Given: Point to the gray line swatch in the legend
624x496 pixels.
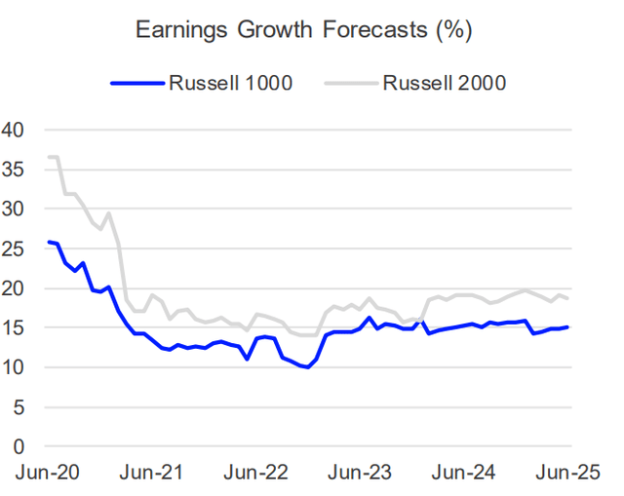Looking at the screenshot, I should (347, 83).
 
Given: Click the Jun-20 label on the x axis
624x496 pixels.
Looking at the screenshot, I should (48, 473).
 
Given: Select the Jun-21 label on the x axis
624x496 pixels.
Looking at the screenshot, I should (152, 473).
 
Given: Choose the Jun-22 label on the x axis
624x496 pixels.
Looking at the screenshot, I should (255, 473).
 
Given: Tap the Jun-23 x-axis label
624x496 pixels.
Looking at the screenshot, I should (360, 473).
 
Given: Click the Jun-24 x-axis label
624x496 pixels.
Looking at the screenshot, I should (464, 473).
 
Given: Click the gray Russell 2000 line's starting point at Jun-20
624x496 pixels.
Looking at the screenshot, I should (49, 157).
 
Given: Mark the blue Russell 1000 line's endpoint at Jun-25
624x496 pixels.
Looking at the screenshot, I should (568, 327).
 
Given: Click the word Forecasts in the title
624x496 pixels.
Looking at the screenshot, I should (364, 31).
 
